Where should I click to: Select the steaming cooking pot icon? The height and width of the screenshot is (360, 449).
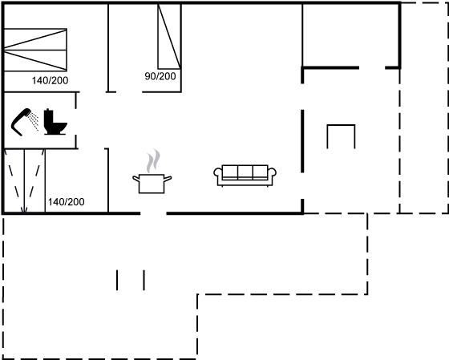coord(152,172)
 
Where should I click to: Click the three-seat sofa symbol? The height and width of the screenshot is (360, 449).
coord(245,176)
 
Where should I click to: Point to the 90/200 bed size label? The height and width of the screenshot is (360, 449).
coord(160,76)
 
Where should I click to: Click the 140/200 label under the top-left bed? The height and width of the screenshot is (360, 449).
coord(50,80)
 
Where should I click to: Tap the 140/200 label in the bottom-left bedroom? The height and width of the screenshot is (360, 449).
coord(66,202)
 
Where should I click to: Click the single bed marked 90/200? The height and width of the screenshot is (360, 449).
coord(169,36)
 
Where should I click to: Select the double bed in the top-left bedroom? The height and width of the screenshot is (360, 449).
coord(35,50)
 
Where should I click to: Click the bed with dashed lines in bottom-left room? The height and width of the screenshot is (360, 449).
coord(25,181)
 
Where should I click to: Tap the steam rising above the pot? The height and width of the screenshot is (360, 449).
coord(153,161)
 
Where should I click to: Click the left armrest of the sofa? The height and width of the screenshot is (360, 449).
coord(218,172)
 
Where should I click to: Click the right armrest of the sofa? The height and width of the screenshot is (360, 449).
coord(272,172)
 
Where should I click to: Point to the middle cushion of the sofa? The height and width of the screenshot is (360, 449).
coord(245,172)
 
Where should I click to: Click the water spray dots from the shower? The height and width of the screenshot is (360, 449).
coord(34,121)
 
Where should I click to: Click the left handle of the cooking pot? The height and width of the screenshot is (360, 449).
coord(136,179)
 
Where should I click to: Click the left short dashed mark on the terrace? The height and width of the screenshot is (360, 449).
coord(117,280)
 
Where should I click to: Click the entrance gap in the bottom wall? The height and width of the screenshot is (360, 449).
coord(153,213)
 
